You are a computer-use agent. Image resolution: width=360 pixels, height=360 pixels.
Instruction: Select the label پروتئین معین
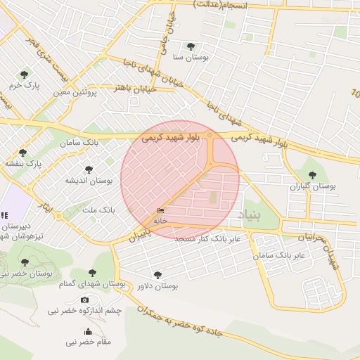[76, 92]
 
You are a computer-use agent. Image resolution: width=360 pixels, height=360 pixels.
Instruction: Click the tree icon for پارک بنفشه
[22, 153]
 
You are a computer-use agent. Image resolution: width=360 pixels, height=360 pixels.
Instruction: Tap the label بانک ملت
[98, 210]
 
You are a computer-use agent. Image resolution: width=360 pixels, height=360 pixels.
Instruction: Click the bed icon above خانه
[161, 210]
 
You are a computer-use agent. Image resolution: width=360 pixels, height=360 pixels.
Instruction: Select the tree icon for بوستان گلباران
[312, 176]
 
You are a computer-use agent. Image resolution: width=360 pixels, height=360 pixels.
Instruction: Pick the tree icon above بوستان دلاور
[157, 275]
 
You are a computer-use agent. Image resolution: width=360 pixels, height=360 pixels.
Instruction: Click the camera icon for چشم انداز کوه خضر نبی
[85, 300]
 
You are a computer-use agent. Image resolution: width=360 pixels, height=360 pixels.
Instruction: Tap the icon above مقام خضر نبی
[88, 332]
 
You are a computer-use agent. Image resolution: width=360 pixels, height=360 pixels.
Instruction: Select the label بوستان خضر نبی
[14, 272]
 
